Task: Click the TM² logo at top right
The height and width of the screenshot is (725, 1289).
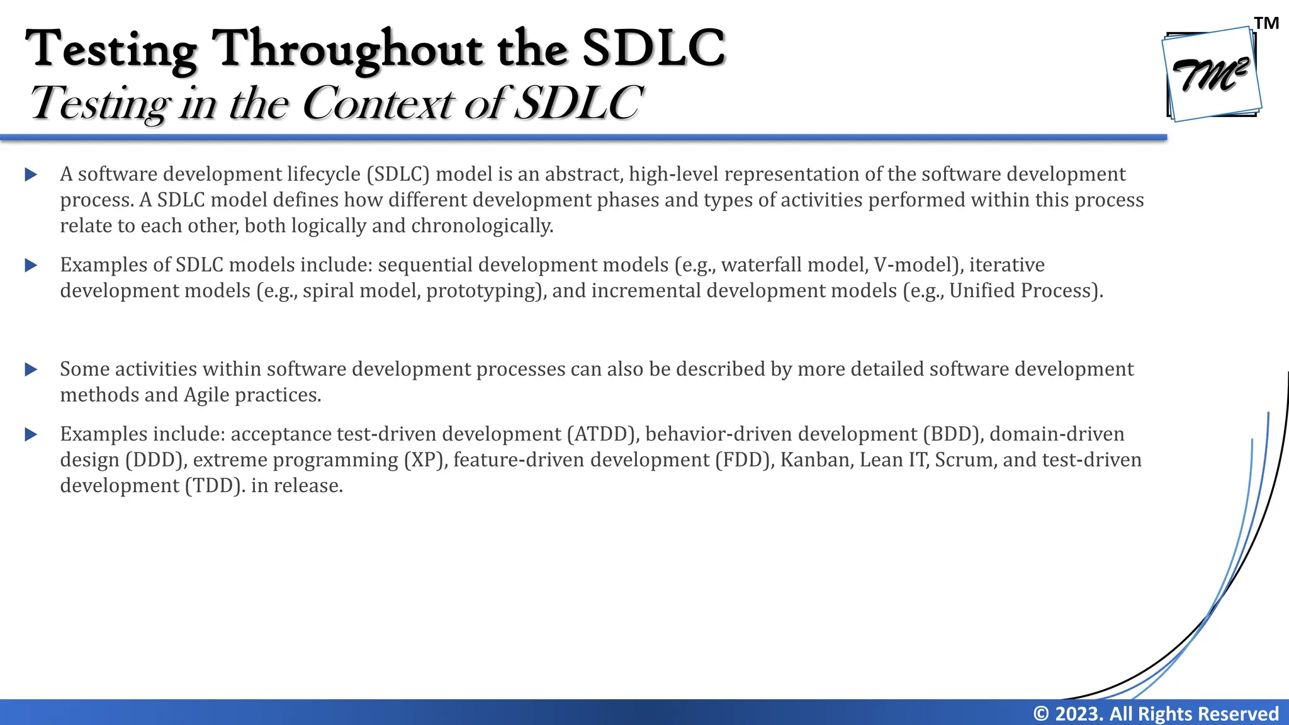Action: [1212, 74]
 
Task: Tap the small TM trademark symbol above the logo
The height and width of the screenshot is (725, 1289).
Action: [1266, 23]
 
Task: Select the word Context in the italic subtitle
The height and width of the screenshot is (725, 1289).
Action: [378, 103]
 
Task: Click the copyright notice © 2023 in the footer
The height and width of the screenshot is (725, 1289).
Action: [1156, 714]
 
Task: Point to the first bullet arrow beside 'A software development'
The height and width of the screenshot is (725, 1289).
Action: [31, 174]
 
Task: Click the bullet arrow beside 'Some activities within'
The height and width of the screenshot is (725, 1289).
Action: [31, 369]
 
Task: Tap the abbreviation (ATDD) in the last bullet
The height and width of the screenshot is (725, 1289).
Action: [603, 434]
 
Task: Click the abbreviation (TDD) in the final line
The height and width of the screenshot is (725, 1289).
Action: [214, 486]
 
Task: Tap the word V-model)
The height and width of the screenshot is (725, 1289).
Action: [918, 265]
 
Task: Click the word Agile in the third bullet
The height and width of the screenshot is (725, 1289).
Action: [206, 395]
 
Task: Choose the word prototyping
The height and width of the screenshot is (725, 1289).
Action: [485, 291]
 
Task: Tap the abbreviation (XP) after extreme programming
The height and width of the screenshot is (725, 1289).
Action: [425, 460]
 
